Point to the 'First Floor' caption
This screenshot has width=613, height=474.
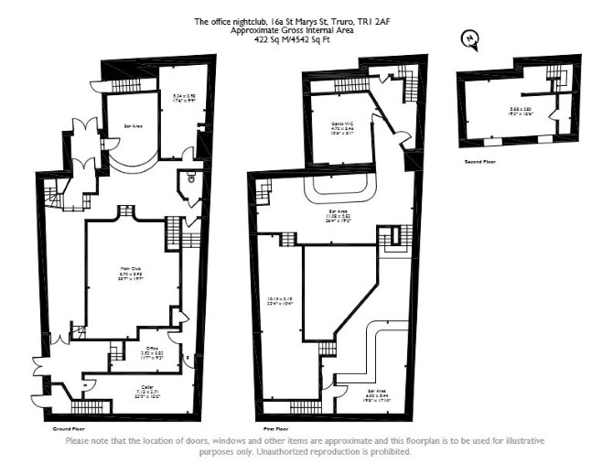click(276, 427)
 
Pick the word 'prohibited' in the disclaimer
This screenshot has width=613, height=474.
click(391, 451)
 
